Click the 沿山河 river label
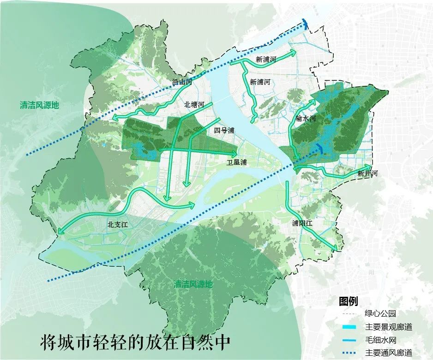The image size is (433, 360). [179, 82]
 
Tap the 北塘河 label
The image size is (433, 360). [193, 105]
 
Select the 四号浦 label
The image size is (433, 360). [224, 131]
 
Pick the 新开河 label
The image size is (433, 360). [367, 174]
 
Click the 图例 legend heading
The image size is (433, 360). [348, 301]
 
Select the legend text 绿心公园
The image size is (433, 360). [380, 314]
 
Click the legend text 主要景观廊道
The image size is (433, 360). [389, 327]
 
